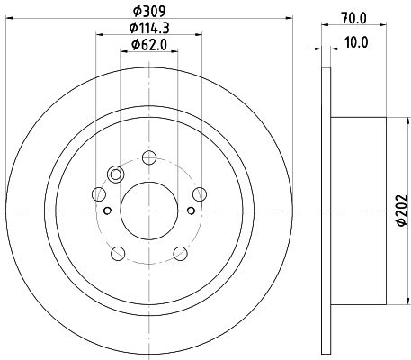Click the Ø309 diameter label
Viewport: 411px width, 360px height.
click(x=149, y=12)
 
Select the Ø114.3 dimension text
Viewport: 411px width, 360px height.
click(x=149, y=28)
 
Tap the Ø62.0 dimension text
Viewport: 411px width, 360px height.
click(x=149, y=45)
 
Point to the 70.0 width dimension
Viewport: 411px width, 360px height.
click(x=353, y=19)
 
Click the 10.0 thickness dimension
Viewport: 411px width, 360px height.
click(x=356, y=42)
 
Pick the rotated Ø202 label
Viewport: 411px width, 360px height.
click(x=402, y=211)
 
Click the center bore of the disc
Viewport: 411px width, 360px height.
click(x=149, y=211)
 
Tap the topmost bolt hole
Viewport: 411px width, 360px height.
click(x=149, y=157)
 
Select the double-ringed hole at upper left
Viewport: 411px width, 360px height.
click(x=115, y=174)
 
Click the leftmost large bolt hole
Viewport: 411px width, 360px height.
click(x=99, y=194)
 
